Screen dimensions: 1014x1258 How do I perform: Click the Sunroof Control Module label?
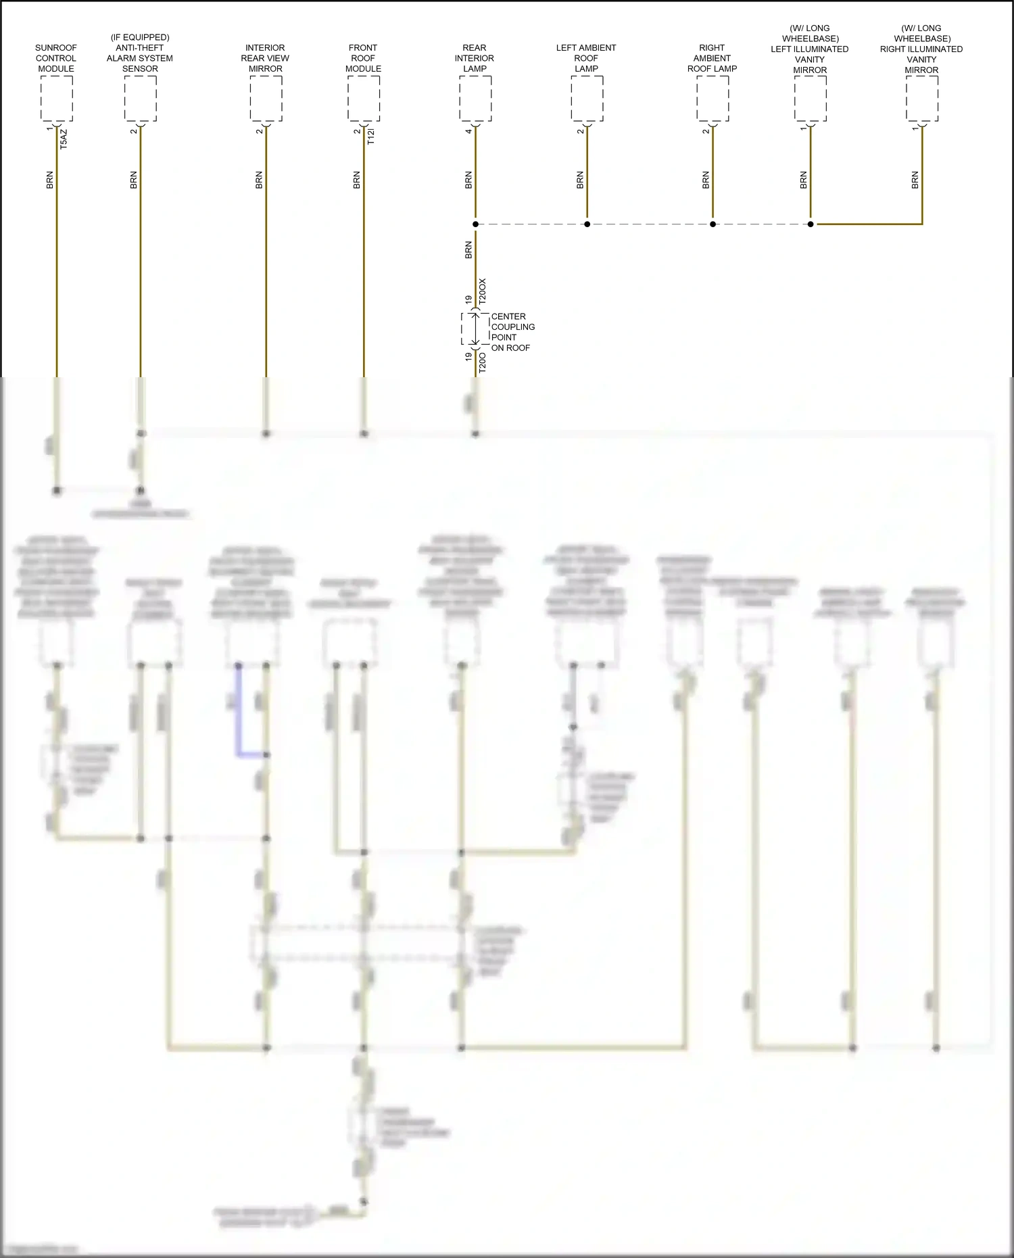coord(56,58)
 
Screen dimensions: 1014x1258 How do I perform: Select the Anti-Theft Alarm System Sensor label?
coord(140,53)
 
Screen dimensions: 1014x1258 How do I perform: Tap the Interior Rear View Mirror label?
coord(265,58)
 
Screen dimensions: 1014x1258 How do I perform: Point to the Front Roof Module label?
coord(363,58)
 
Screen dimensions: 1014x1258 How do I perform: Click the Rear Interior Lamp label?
coord(475,58)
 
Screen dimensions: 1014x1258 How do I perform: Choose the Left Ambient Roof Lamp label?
coord(586,58)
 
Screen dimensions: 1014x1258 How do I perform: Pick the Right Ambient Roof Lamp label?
coord(712,58)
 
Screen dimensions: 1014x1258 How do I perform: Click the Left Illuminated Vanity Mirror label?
coord(810,49)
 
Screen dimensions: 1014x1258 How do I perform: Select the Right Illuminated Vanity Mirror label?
coord(921,49)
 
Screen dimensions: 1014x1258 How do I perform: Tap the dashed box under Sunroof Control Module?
coord(57,99)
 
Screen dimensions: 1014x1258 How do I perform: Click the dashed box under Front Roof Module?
coord(364,99)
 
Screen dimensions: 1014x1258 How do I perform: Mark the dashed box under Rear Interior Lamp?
coord(475,99)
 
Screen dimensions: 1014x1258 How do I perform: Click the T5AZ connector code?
coord(64,139)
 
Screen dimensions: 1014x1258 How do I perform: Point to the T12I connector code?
coord(371,137)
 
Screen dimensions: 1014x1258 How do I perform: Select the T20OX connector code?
coord(483,291)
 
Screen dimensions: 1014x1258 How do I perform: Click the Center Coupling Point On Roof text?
coord(512,332)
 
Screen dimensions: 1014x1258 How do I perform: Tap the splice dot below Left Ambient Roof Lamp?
coord(587,224)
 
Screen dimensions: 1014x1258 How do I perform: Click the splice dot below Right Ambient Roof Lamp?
coord(713,224)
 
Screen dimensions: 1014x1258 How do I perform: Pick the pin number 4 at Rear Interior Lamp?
coord(468,131)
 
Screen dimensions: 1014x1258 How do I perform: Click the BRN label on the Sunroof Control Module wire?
coord(49,180)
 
